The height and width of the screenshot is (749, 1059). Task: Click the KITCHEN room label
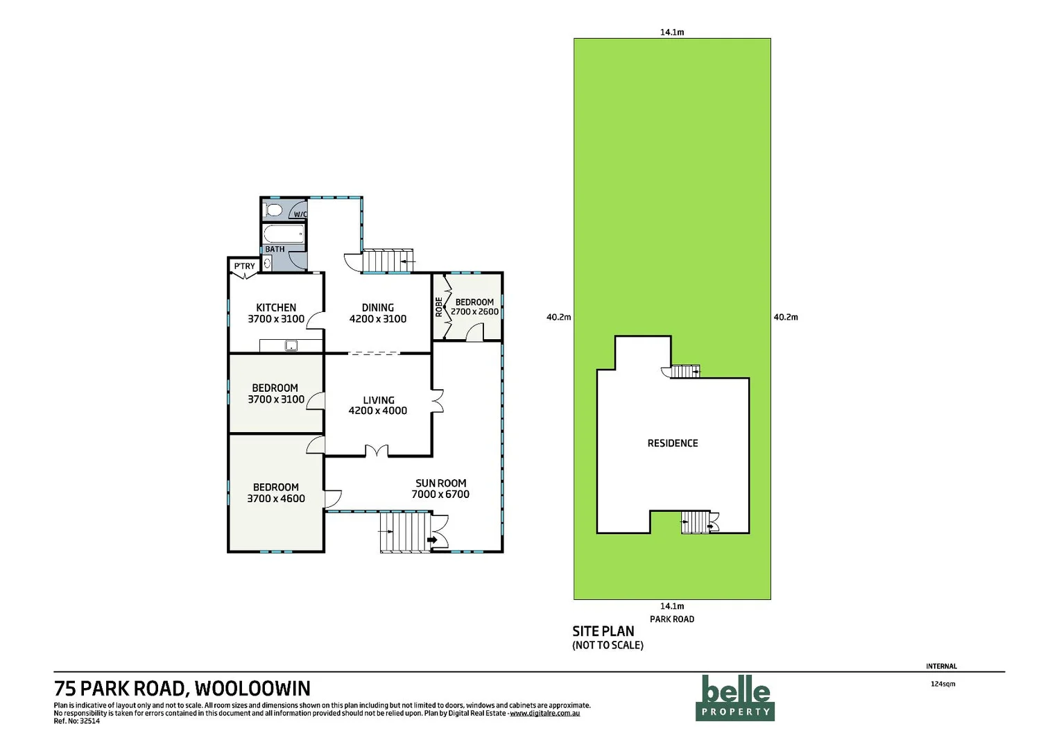pyautogui.click(x=276, y=307)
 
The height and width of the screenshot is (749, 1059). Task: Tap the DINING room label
pyautogui.click(x=378, y=307)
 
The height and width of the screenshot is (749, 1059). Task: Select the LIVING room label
pyautogui.click(x=379, y=400)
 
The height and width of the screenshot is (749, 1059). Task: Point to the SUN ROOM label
pyautogui.click(x=440, y=483)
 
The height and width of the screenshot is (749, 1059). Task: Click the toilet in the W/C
pyautogui.click(x=274, y=209)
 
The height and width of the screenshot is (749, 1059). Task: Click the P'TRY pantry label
pyautogui.click(x=244, y=266)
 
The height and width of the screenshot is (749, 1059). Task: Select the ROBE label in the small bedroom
pyautogui.click(x=439, y=307)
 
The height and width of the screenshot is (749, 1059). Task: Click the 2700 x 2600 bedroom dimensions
pyautogui.click(x=475, y=312)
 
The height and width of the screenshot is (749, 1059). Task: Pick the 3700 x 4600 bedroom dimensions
pyautogui.click(x=276, y=499)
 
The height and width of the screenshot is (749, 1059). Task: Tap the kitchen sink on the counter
pyautogui.click(x=291, y=345)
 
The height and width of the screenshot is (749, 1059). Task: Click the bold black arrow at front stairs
pyautogui.click(x=432, y=540)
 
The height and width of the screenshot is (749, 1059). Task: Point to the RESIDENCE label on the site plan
pyautogui.click(x=673, y=443)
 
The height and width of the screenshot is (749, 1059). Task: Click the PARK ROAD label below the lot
pyautogui.click(x=672, y=619)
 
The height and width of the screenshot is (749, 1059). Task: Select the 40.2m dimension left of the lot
pyautogui.click(x=558, y=317)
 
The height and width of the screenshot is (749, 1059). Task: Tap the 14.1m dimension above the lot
pyautogui.click(x=672, y=32)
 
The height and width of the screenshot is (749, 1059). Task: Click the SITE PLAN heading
pyautogui.click(x=603, y=631)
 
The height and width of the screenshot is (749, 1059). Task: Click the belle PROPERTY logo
pyautogui.click(x=735, y=698)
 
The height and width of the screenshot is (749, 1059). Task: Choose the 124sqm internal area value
pyautogui.click(x=942, y=684)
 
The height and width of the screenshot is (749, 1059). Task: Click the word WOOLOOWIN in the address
pyautogui.click(x=252, y=688)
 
